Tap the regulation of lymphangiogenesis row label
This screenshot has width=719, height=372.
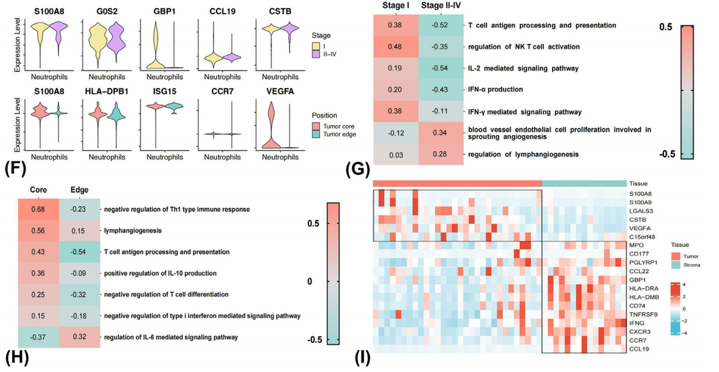pos(525,154)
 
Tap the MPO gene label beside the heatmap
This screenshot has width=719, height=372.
pos(638,245)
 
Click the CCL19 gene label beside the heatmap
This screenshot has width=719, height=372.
pos(640,348)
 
